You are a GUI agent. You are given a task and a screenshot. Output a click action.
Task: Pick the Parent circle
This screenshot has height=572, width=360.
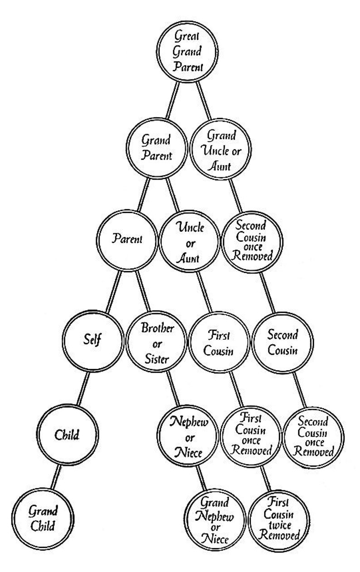[126, 239]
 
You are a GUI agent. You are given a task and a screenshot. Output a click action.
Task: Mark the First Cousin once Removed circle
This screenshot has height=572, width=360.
[249, 436]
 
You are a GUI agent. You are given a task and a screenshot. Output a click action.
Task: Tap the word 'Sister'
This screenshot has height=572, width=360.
[157, 359]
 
